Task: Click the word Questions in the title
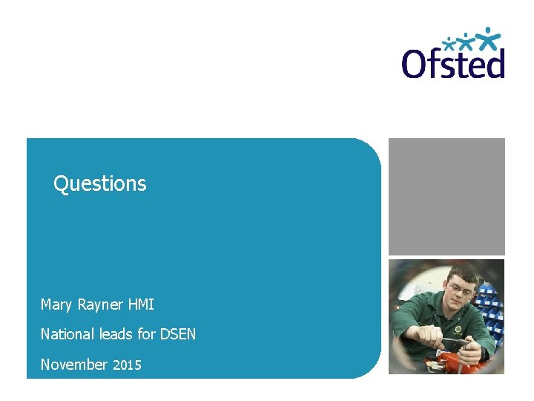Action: tap(100, 183)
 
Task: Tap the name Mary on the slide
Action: tap(56, 304)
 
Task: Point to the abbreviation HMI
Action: tap(141, 304)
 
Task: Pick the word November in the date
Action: tap(73, 364)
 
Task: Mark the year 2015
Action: tap(127, 365)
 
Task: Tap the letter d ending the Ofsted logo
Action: tap(494, 63)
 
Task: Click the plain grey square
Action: tap(446, 196)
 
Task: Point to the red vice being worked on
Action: tap(449, 362)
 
